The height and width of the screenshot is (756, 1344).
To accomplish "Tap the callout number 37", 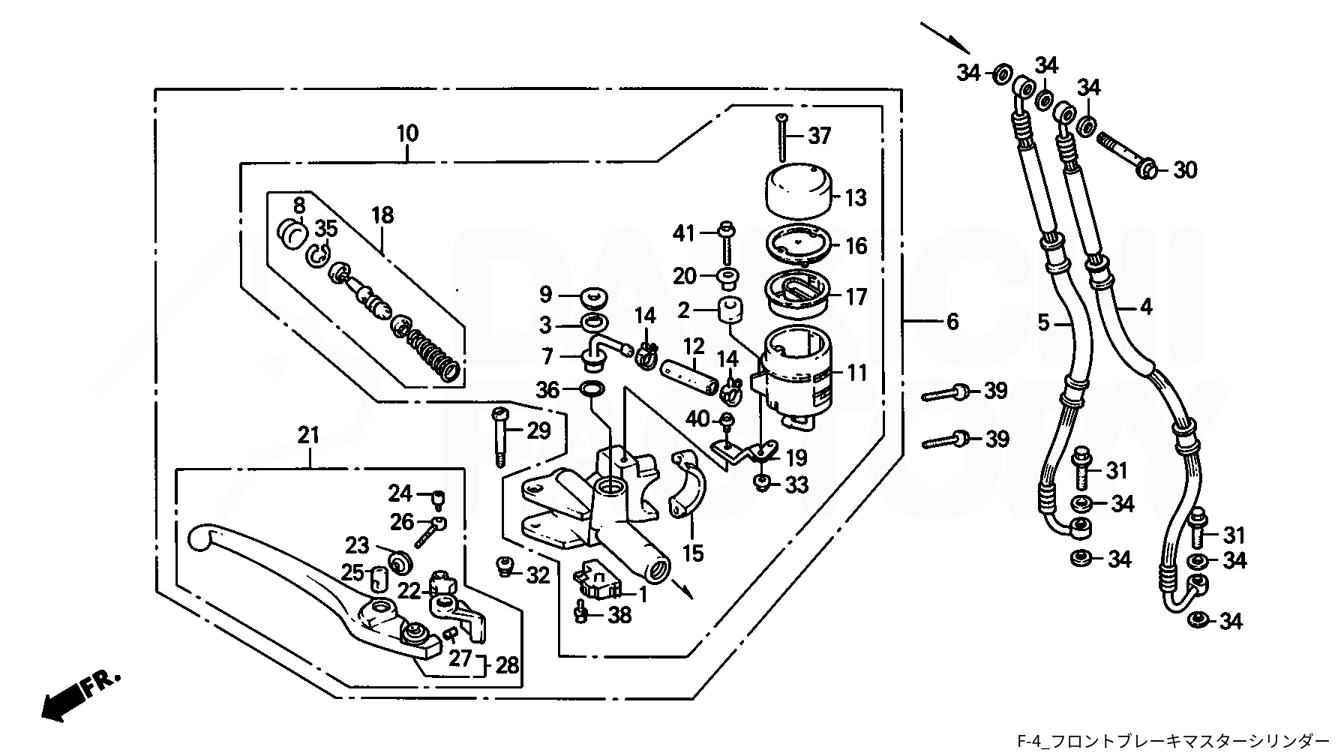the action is pyautogui.click(x=820, y=136).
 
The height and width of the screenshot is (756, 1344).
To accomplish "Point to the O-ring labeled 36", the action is pyautogui.click(x=592, y=389).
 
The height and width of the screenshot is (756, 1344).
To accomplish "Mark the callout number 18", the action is pyautogui.click(x=382, y=215).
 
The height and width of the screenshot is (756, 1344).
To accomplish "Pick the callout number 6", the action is pyautogui.click(x=952, y=322).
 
